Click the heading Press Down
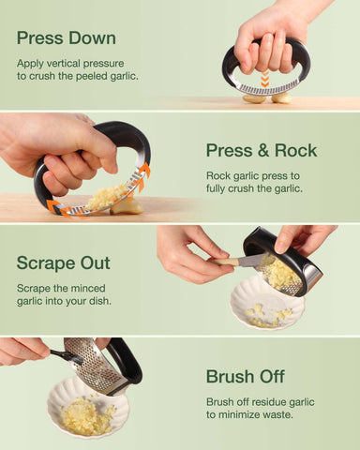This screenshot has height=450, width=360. point(66,38)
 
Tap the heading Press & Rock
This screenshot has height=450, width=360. point(262,150)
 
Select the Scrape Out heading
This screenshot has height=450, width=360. point(63,263)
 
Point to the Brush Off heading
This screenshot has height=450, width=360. point(245,376)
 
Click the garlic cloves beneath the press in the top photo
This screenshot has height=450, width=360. point(267,97)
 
